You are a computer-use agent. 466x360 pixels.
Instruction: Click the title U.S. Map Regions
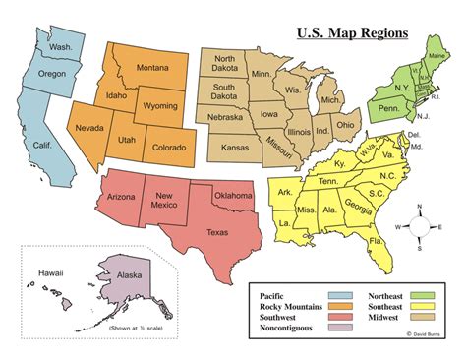pyautogui.click(x=351, y=33)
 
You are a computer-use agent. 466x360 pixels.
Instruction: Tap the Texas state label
pyautogui.click(x=218, y=232)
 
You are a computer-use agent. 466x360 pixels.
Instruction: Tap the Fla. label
pyautogui.click(x=376, y=240)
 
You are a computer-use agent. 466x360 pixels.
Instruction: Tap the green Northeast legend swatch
pyautogui.click(x=425, y=294)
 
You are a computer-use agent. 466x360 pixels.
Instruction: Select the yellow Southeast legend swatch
pyautogui.click(x=425, y=306)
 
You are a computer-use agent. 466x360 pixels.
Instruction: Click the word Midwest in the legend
pyautogui.click(x=384, y=318)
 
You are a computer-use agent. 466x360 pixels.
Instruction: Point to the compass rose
pyautogui.click(x=420, y=225)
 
